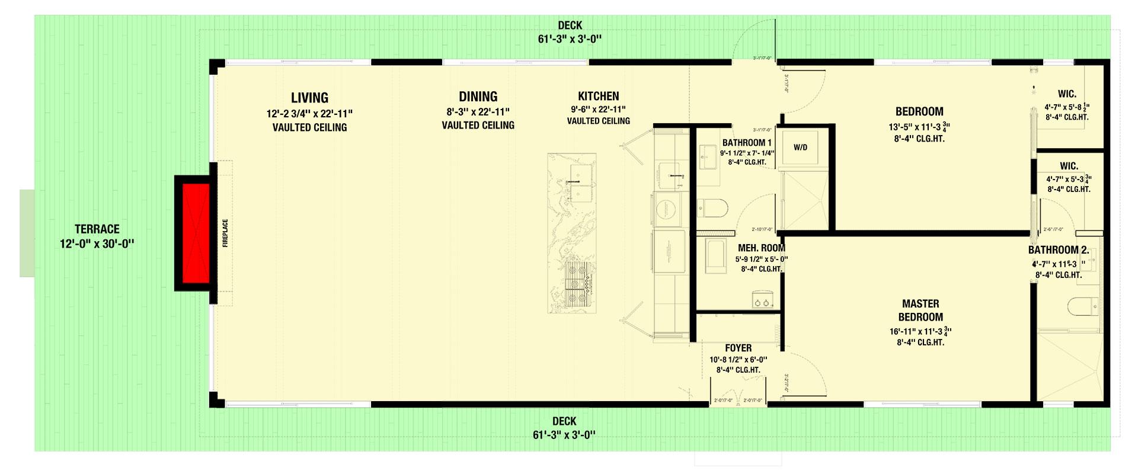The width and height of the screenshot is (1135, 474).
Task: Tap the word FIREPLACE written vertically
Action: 225,233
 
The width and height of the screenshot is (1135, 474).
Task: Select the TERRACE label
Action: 97,229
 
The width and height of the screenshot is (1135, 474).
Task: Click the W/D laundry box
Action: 800,147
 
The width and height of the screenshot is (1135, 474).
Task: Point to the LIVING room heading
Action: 309,98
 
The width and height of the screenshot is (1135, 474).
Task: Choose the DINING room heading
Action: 478,97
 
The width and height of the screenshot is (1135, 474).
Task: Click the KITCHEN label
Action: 599,96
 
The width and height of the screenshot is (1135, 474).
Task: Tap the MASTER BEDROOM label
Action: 920,310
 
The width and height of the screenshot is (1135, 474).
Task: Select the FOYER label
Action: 738,348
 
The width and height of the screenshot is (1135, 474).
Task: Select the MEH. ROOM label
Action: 761,248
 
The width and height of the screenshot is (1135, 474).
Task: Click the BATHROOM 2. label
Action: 1059,250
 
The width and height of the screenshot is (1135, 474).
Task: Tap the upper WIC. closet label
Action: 1067,94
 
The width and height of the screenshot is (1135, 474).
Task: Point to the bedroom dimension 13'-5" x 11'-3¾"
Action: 919,126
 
